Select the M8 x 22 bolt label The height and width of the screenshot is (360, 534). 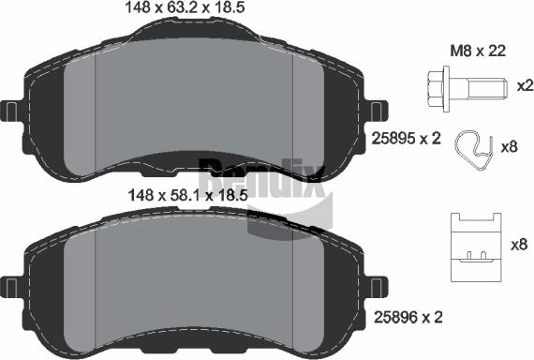479,52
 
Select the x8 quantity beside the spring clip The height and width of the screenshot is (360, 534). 510,147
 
